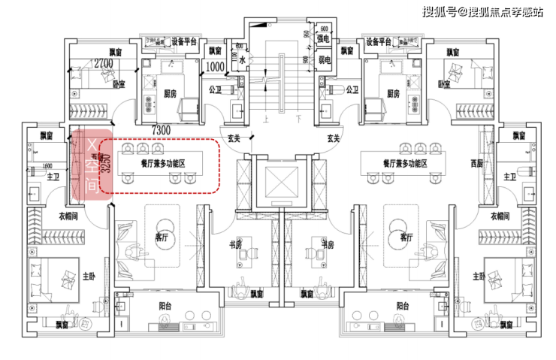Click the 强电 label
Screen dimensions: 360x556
pyautogui.click(x=324, y=38)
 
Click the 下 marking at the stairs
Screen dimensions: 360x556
pyautogui.click(x=298, y=118)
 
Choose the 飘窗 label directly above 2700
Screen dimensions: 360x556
pyautogui.click(x=115, y=52)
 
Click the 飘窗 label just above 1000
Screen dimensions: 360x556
pyautogui.click(x=216, y=51)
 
